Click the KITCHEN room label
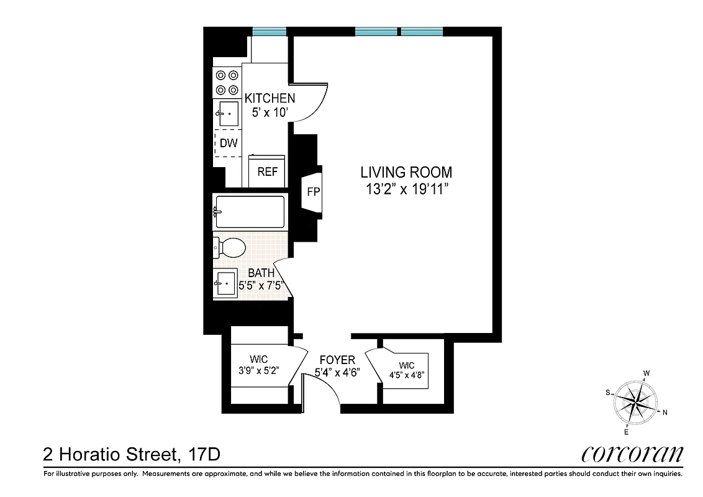[270, 98]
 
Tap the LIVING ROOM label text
[407, 173]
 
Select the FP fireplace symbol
[313, 193]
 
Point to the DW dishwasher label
[229, 143]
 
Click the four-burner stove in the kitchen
[227, 82]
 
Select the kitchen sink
[228, 114]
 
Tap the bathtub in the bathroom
[250, 212]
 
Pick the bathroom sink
[225, 284]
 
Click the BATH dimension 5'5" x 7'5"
[262, 286]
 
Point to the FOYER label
[337, 360]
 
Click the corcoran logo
[632, 454]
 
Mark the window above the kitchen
[270, 31]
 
